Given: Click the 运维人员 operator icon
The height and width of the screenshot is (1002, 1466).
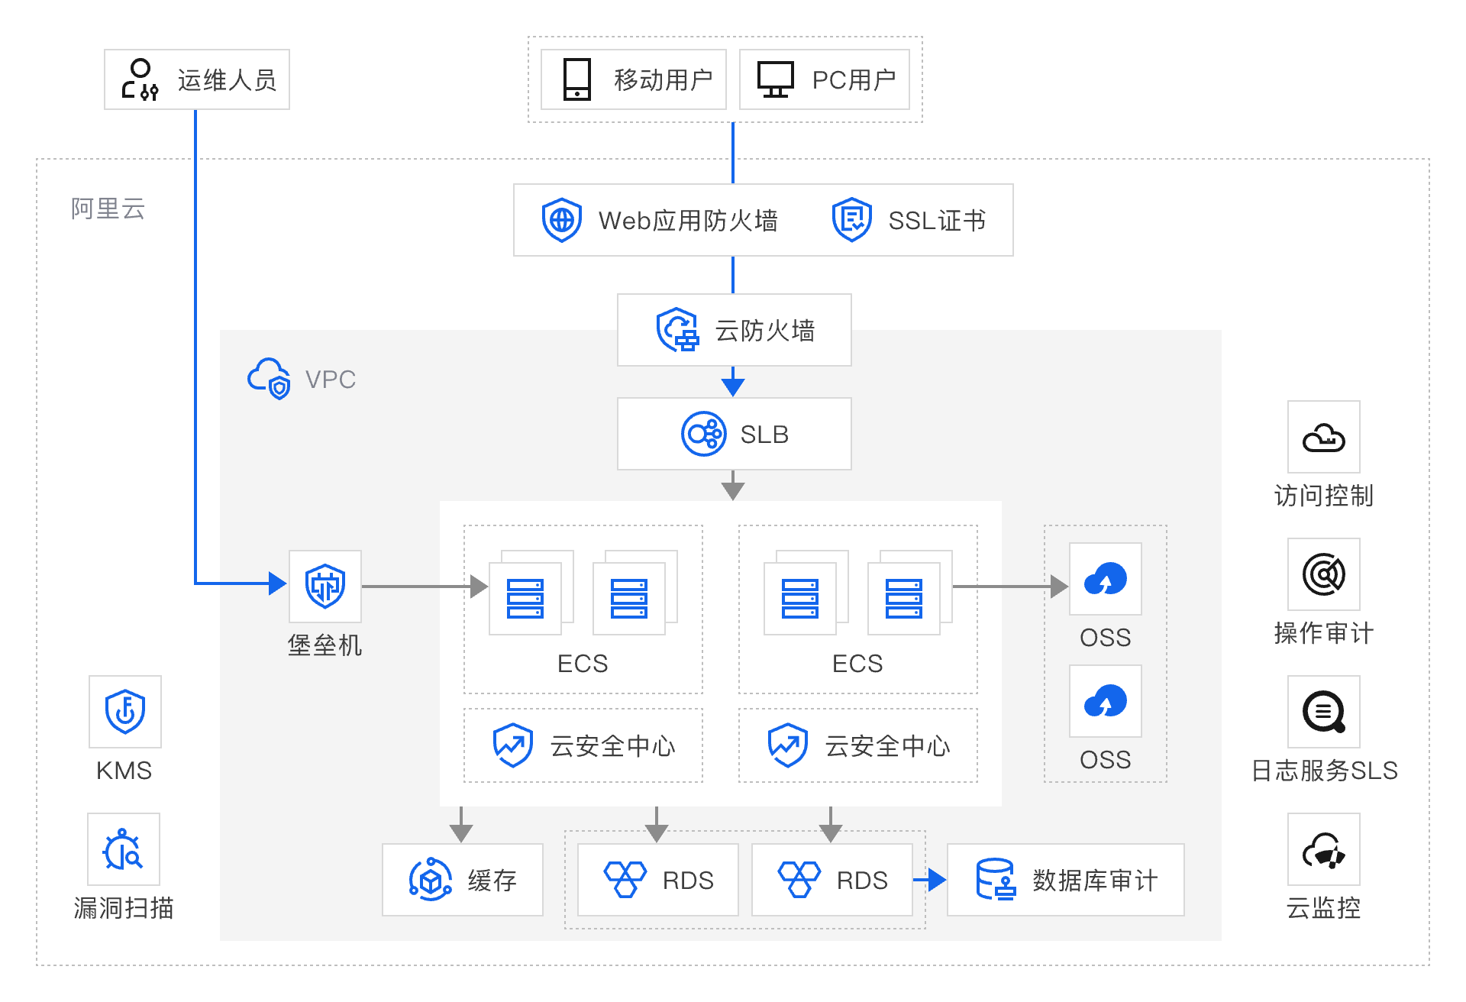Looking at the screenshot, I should (140, 79).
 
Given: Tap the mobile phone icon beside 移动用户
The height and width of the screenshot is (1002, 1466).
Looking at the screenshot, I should (577, 79).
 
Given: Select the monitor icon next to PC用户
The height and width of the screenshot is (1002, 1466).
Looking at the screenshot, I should (775, 79).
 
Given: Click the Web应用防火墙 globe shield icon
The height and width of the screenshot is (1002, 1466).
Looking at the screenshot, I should (562, 220).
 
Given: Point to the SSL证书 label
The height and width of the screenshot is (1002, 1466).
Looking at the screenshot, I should (937, 221).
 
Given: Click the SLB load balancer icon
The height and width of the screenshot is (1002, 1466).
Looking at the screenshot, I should (703, 434).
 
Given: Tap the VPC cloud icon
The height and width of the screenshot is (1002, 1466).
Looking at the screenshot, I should (269, 378).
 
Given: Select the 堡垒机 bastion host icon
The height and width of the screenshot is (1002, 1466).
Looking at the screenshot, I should (325, 586).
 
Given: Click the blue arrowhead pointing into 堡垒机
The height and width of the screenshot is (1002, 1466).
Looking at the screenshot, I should (277, 583).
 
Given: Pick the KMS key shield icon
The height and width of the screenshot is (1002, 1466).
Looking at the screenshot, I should (125, 711).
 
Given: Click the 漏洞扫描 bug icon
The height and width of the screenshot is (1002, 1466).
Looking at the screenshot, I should (124, 849).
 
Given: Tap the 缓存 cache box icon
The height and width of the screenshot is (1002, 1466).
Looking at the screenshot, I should (431, 880).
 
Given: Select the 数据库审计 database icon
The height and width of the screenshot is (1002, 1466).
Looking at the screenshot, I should (996, 880).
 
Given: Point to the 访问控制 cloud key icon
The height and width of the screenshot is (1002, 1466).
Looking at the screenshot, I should (1323, 438).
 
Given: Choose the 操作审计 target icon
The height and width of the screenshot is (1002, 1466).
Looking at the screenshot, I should (1323, 574).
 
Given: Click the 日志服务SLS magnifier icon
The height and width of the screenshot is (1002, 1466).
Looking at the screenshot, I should (1323, 712).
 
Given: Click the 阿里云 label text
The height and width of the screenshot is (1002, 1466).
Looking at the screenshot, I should (108, 208).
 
